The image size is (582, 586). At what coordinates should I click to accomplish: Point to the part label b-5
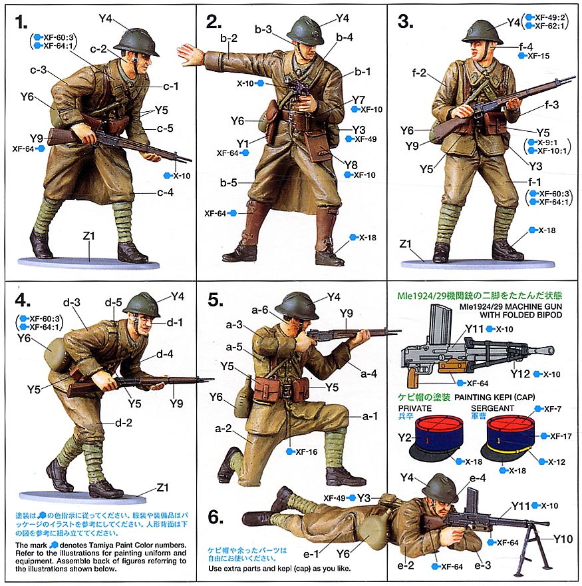click(x=229, y=181)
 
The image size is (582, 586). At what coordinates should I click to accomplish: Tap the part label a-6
click(x=260, y=310)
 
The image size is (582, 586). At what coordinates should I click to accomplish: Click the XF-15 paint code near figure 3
click(x=539, y=56)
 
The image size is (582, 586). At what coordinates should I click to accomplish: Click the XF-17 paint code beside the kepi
click(x=564, y=436)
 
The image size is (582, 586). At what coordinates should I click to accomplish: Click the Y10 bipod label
click(x=563, y=539)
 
